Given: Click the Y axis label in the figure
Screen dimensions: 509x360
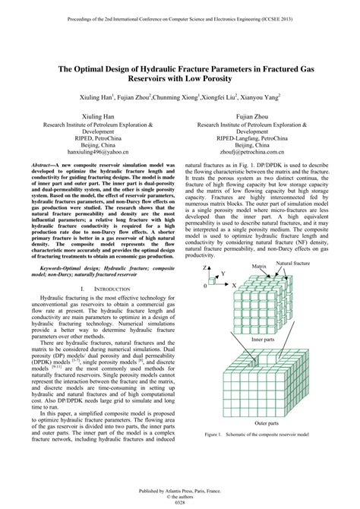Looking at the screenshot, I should [223, 273].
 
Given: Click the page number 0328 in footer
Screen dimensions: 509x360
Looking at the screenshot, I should [180, 502].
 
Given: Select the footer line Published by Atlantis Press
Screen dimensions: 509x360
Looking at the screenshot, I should [180, 489].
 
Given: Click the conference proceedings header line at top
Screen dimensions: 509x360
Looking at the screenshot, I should [180, 14].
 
